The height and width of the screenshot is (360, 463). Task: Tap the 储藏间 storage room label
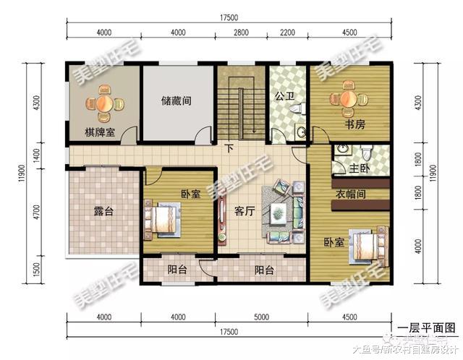(177, 102)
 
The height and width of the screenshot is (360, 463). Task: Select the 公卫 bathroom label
(283, 94)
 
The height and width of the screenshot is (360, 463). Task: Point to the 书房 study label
(354, 124)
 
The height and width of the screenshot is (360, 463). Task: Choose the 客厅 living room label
(247, 212)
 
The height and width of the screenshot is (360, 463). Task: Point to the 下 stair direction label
(229, 150)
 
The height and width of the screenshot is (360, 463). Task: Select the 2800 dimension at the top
(241, 33)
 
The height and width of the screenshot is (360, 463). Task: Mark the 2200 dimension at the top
(288, 33)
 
